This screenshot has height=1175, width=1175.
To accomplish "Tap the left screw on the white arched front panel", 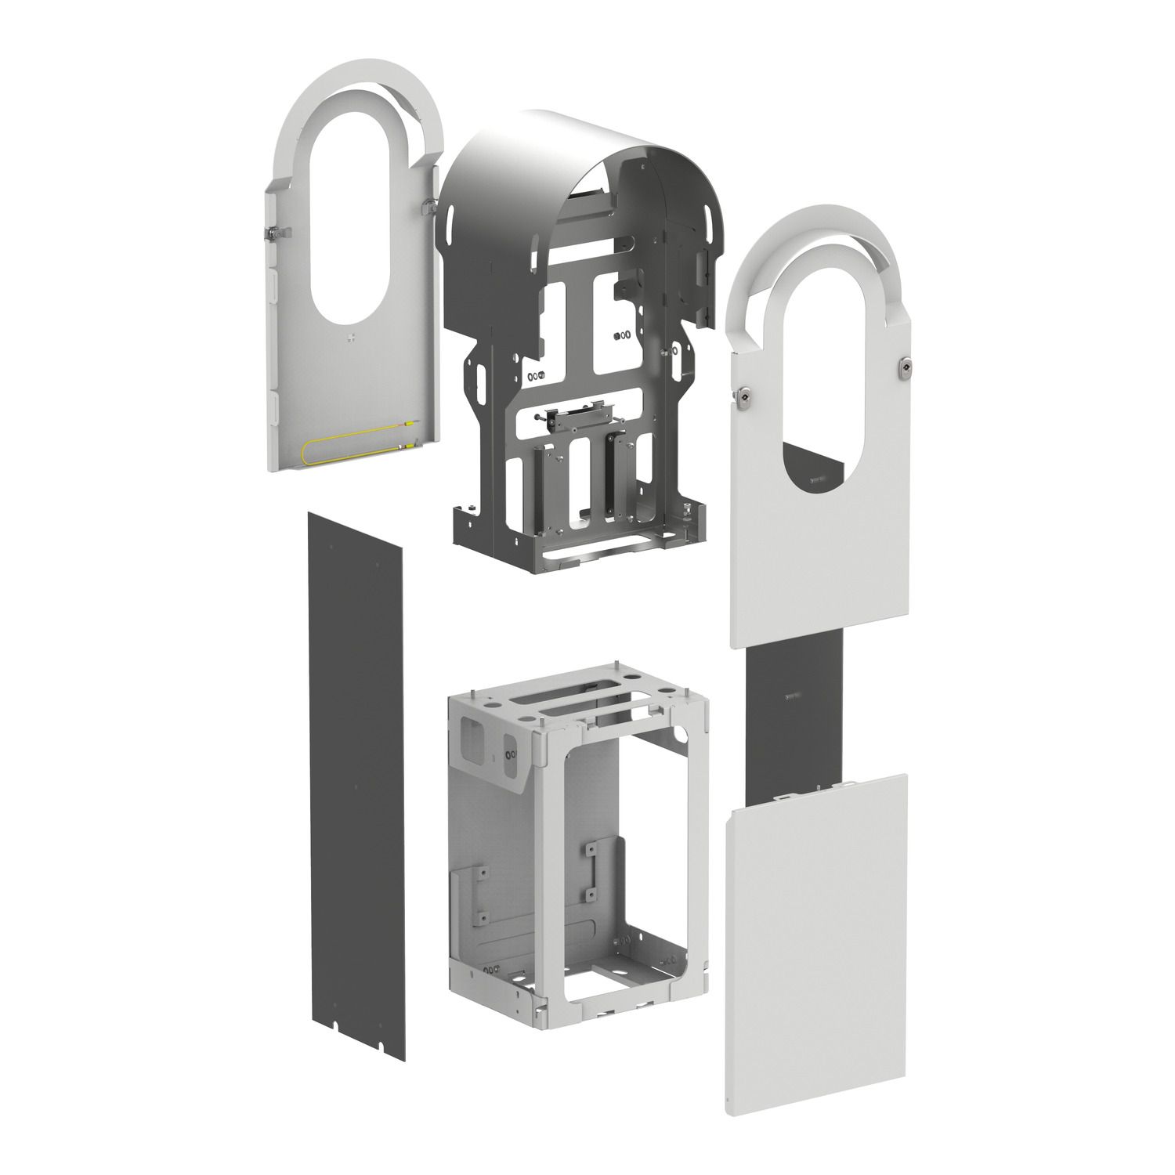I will point(743,399).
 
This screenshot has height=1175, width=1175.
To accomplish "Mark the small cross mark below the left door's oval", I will point(350,338).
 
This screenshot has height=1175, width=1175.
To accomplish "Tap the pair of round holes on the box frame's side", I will point(511,754).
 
